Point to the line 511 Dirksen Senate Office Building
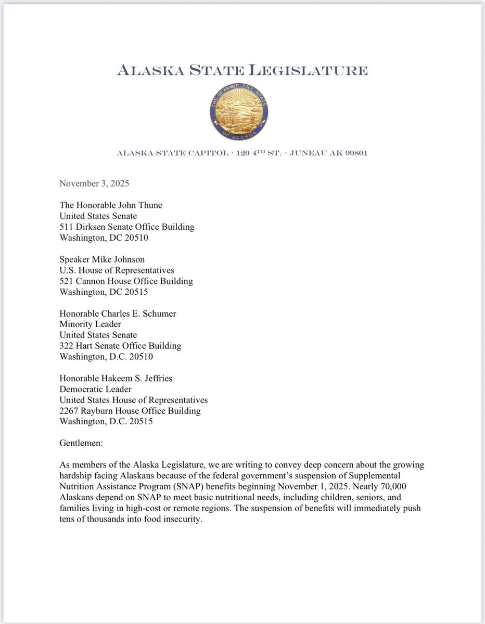pos(127,227)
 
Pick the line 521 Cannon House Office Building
pos(126,281)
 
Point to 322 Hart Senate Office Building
pos(120,346)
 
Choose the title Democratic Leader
pos(95,389)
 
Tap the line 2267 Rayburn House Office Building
pos(130,411)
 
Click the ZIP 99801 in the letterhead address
pos(354,153)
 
